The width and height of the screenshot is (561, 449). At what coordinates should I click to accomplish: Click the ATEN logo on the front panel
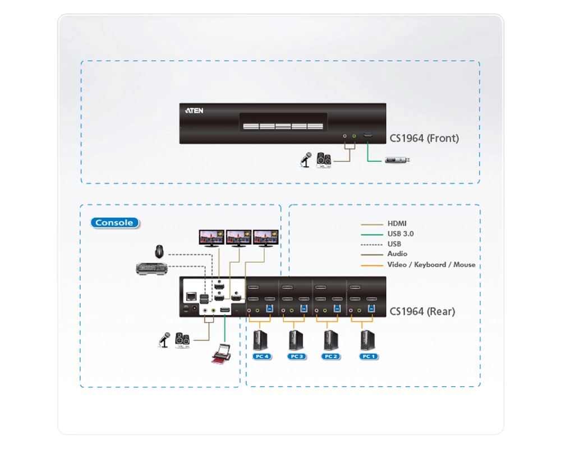click(x=194, y=111)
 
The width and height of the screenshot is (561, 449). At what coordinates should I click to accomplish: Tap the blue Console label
click(x=114, y=223)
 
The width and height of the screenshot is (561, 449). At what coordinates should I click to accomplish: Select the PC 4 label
click(x=262, y=356)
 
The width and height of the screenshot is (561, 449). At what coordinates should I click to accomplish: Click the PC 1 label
click(x=369, y=356)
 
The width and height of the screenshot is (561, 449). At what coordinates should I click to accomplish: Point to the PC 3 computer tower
click(x=296, y=341)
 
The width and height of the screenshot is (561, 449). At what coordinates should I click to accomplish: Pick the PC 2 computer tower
click(x=330, y=341)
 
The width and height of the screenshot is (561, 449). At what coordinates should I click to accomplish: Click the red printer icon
click(x=221, y=354)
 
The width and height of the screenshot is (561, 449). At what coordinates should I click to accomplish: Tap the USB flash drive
click(x=397, y=160)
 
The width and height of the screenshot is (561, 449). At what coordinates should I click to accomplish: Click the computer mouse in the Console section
click(x=159, y=251)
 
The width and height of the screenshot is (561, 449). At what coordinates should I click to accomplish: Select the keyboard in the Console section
click(x=151, y=268)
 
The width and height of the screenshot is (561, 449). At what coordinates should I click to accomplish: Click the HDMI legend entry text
click(x=397, y=223)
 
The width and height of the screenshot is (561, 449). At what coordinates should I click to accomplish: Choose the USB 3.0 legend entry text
click(x=401, y=234)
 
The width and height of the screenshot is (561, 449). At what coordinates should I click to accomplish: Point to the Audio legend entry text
click(x=397, y=254)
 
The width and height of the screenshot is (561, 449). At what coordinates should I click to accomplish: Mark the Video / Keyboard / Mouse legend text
click(x=431, y=264)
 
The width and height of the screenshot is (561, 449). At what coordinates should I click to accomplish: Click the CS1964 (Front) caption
click(x=424, y=138)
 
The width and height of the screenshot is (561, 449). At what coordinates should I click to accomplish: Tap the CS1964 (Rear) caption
click(x=422, y=311)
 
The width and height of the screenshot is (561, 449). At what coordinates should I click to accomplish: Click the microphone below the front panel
click(x=305, y=160)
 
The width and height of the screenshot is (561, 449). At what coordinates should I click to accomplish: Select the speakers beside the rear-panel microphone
click(x=182, y=340)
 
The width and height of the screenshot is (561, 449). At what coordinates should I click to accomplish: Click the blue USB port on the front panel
click(x=368, y=135)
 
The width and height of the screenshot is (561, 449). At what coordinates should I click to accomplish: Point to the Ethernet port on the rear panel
click(x=191, y=296)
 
